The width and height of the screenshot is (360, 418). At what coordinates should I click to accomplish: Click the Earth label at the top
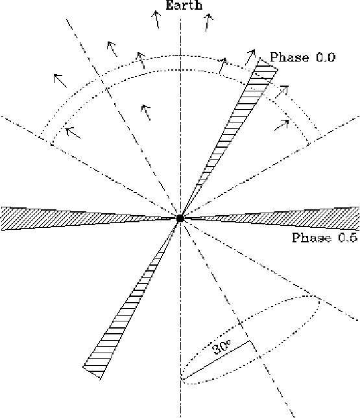tap(184, 5)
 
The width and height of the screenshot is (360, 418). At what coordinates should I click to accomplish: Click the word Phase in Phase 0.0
tap(290, 57)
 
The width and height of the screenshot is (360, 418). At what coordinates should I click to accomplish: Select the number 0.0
tap(326, 57)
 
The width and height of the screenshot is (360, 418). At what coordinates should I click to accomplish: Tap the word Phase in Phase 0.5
tap(312, 237)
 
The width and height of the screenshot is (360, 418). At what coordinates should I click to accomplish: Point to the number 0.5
tap(348, 238)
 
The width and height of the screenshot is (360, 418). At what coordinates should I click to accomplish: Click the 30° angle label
tap(222, 347)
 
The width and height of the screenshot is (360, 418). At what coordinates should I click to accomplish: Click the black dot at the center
tap(180, 218)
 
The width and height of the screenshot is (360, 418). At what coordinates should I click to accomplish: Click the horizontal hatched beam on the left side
tap(88, 218)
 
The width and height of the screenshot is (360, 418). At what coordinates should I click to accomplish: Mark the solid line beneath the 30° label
tap(215, 360)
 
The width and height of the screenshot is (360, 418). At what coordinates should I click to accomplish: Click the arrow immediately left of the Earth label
tap(157, 19)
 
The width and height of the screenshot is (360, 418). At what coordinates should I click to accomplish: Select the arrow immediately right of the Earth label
tap(208, 23)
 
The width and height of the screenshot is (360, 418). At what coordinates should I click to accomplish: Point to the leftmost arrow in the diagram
tap(60, 80)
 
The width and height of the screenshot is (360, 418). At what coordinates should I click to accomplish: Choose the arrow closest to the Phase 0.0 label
tap(250, 57)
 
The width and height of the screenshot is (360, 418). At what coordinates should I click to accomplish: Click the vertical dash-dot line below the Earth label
tap(181, 117)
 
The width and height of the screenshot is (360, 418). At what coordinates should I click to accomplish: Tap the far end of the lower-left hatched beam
tap(91, 373)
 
